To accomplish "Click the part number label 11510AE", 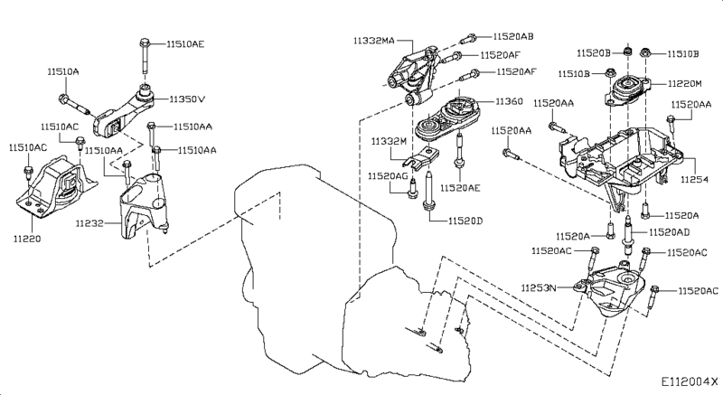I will coord(185,42).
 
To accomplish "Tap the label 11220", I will coord(28,239).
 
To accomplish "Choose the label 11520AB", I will coord(513,37).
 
